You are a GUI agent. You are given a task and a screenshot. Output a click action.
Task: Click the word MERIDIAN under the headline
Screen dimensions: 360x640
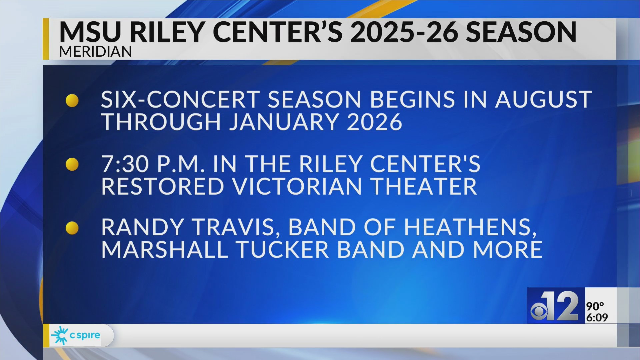[x=95, y=52]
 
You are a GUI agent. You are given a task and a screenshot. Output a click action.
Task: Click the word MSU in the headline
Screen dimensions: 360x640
[x=90, y=32]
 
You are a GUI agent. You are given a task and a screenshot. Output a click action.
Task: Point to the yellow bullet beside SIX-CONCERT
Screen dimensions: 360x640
[x=72, y=100]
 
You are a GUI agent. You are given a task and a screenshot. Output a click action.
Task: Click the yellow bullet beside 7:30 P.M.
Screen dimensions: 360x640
[x=72, y=164]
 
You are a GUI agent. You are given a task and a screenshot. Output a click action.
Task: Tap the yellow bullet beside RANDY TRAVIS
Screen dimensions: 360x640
[x=72, y=228]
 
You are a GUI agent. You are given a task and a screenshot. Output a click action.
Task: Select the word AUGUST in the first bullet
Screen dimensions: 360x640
[x=543, y=99]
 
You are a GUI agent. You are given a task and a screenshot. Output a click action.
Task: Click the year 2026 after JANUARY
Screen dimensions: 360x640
[x=374, y=122]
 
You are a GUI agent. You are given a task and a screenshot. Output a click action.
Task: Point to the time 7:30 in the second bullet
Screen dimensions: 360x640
[x=125, y=164]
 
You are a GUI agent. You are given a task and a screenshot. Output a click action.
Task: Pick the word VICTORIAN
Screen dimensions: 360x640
[x=297, y=186]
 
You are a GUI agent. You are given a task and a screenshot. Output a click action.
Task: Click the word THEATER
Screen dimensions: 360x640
[x=424, y=186]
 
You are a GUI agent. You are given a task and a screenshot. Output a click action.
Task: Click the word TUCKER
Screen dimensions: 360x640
[x=282, y=250]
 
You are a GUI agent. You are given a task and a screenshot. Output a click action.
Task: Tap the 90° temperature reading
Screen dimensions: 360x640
[x=595, y=306]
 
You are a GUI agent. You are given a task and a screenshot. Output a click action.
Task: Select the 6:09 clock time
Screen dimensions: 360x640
[x=597, y=317]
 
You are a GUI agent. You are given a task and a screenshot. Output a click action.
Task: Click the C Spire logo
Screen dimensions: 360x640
[x=76, y=335]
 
